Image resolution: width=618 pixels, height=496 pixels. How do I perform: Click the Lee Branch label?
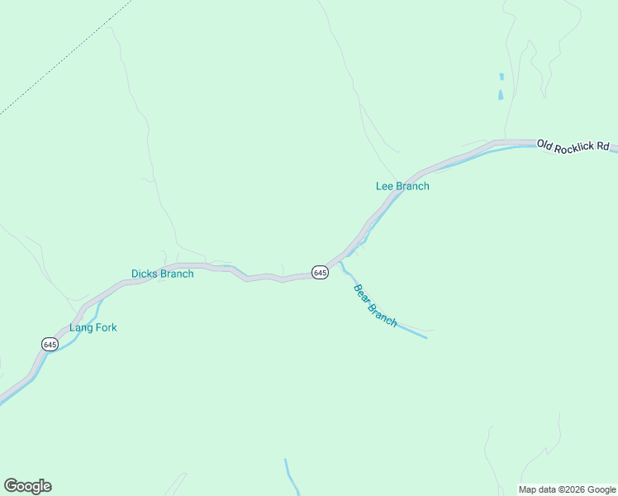[x=402, y=186]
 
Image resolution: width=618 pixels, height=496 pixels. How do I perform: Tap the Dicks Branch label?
[x=162, y=274]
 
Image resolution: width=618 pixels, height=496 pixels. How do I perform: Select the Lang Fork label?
[x=93, y=327]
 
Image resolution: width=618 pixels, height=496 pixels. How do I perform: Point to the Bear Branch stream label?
[x=375, y=305]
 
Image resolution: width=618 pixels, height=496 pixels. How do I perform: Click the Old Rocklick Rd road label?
[x=573, y=145]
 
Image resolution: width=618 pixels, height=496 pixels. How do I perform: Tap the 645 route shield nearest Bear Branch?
[x=321, y=272]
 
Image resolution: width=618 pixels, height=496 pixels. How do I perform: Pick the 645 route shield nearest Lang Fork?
[x=50, y=344]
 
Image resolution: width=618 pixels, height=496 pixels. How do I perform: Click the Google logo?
[x=27, y=486]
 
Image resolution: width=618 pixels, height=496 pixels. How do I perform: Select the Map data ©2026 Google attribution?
[x=567, y=489]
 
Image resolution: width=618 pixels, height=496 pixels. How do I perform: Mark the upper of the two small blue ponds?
[x=501, y=77]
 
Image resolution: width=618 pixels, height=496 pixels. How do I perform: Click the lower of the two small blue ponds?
[x=501, y=95]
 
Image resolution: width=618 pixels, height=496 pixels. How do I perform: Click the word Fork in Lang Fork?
[x=106, y=327]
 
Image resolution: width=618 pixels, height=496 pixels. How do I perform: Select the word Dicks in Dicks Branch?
[x=144, y=274]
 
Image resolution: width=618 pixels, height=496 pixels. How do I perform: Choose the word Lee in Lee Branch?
[x=384, y=186]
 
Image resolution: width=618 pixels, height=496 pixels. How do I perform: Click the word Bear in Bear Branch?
[x=362, y=293]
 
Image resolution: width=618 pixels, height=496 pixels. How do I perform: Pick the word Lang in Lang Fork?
[x=80, y=327]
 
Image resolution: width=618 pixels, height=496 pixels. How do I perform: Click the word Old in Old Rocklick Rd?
[x=544, y=143]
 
